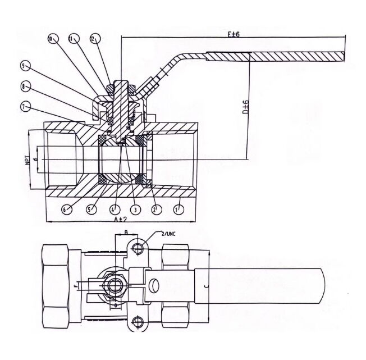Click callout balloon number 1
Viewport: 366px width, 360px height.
(179, 209)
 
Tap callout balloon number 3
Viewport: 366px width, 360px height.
(135, 209)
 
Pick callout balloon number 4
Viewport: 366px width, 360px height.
(113, 209)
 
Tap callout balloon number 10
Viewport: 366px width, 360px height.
(51, 39)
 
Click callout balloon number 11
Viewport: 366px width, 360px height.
(71, 39)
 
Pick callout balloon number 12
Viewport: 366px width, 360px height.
(93, 39)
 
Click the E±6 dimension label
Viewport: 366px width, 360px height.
(234, 34)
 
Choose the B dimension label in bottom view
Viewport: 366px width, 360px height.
(126, 231)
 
